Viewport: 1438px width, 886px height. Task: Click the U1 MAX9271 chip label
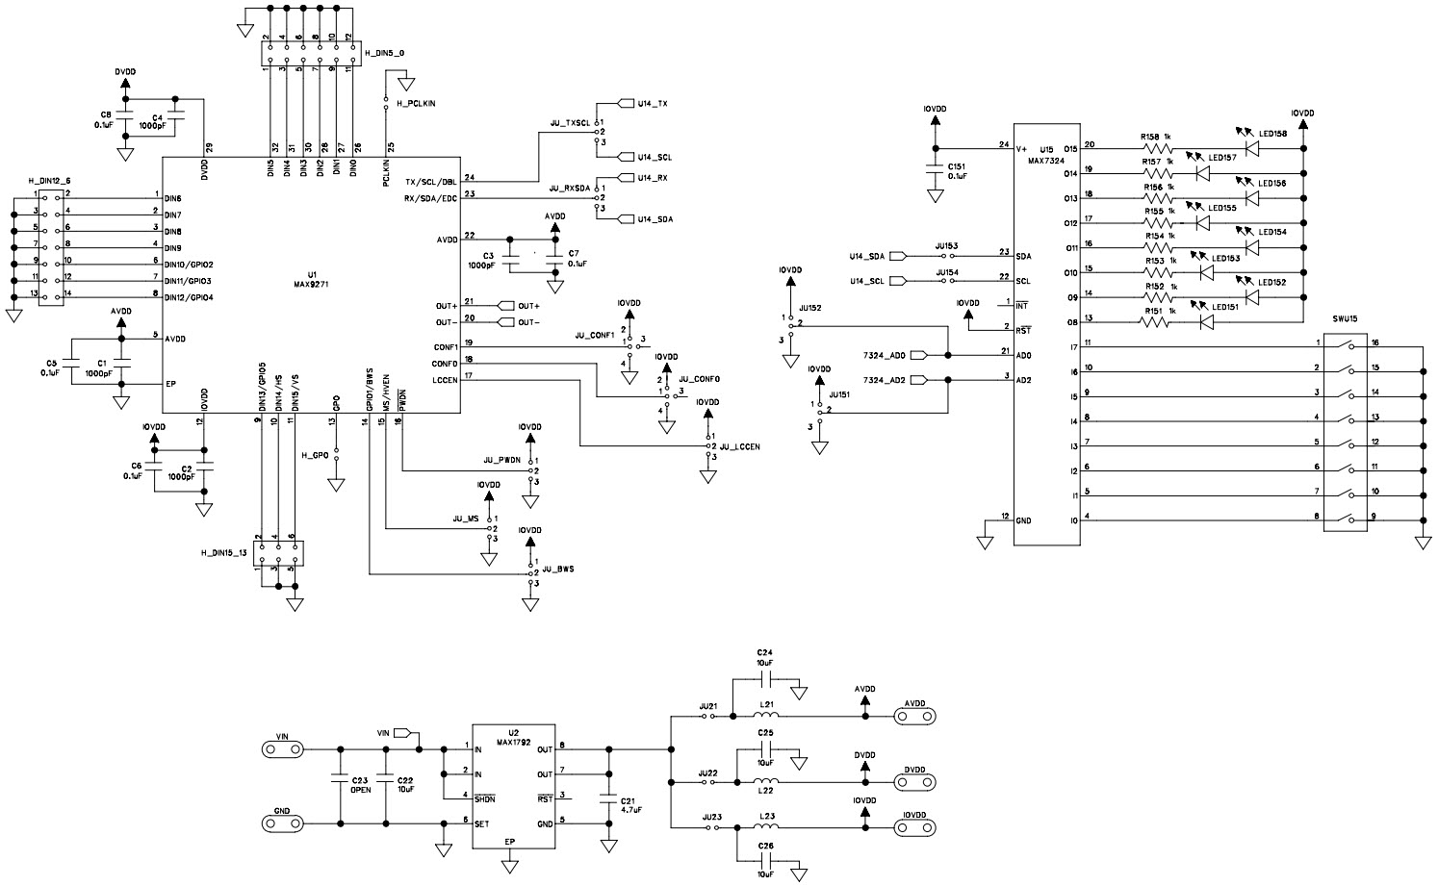(x=311, y=279)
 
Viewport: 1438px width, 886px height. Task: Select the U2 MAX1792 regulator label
(x=512, y=737)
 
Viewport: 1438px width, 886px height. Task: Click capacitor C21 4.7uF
(x=607, y=797)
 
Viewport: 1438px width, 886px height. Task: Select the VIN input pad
(x=282, y=748)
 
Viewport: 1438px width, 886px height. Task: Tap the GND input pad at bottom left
(x=282, y=823)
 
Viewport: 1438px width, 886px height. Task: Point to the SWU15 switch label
(x=1346, y=318)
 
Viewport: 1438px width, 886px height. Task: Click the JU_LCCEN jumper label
(x=739, y=447)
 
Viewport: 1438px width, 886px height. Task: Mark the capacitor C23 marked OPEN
(x=339, y=783)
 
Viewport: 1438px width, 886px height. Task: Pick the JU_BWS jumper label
(x=558, y=569)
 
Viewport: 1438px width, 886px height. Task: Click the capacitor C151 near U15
(x=934, y=170)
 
